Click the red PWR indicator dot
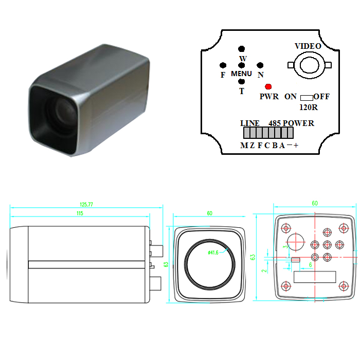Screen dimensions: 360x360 pos(268,86)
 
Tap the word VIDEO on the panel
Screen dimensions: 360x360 pos(308,46)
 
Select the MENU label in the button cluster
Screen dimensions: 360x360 pos(241,74)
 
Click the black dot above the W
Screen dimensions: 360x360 pos(241,49)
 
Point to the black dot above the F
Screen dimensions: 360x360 pos(223,65)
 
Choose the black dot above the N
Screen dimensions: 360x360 pos(260,65)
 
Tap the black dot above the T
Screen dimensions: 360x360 pos(241,81)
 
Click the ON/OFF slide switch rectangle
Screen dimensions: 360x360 pos(307,98)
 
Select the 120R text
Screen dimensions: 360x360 pos(309,107)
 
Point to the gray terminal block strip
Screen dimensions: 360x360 pos(268,133)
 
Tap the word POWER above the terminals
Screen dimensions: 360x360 pos(298,123)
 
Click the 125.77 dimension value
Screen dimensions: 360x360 pos(86,204)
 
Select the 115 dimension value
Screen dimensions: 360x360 pos(80,213)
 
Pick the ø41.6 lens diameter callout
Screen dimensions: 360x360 pos(213,253)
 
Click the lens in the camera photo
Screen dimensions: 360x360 pos(62,113)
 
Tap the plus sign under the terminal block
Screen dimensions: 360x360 pos(296,146)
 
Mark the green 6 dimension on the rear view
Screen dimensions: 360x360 pos(311,265)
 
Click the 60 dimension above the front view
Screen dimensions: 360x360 pos(210,213)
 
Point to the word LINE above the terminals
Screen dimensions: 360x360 pos(250,123)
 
